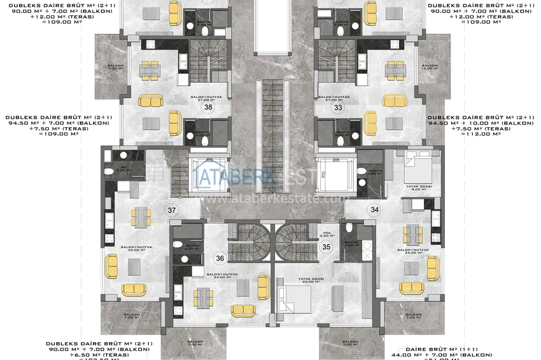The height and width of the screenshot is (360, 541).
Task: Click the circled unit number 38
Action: (208, 107)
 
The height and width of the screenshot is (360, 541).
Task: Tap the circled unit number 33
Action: (338, 107)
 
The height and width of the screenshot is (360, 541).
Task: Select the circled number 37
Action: (171, 210)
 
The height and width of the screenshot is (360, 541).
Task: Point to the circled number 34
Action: (374, 209)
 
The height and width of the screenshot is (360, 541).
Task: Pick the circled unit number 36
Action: (220, 258)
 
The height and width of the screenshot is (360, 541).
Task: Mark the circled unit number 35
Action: (327, 247)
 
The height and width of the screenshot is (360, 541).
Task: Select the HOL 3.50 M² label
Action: (328, 234)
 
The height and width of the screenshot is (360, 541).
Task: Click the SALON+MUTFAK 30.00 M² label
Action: (134, 249)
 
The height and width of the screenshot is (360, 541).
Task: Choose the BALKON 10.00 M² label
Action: (430, 67)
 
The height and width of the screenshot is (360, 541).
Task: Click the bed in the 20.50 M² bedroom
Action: (297, 297)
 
